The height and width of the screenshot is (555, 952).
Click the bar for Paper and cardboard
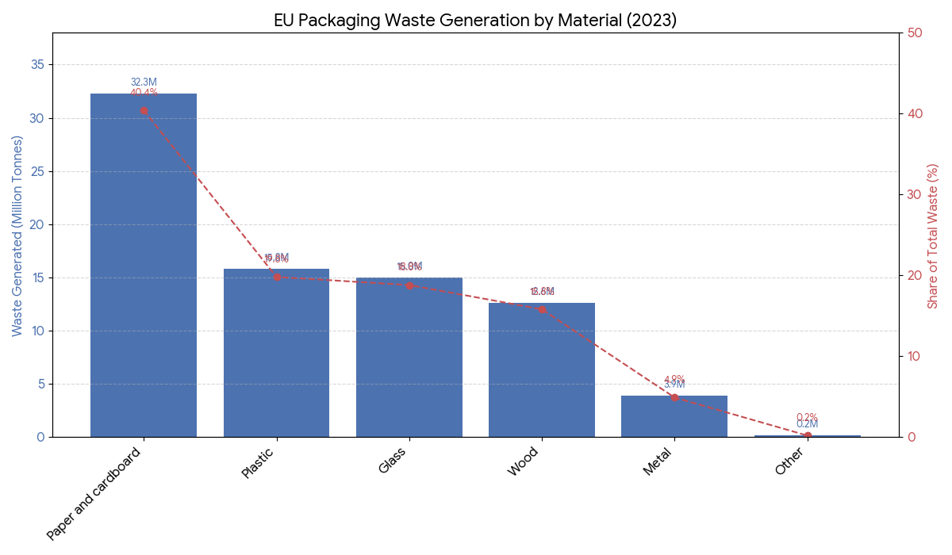144,266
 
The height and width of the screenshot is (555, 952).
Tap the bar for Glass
409,357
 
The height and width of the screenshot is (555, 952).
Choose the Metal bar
674,416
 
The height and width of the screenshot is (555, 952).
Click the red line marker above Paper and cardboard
144,110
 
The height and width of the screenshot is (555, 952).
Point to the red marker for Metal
674,397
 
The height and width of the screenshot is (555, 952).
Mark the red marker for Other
808,435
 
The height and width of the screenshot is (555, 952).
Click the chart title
475,21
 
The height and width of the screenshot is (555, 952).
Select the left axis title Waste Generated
17,235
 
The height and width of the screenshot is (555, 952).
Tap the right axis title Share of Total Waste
933,235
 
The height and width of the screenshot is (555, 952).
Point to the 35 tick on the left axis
37,65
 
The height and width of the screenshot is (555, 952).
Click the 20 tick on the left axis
37,224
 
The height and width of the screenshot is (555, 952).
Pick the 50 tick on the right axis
915,33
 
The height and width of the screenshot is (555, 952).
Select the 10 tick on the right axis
915,356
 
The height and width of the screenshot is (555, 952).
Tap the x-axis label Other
789,461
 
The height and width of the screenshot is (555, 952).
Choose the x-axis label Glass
392,461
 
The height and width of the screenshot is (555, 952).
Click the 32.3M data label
144,82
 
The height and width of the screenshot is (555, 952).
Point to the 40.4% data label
144,93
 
